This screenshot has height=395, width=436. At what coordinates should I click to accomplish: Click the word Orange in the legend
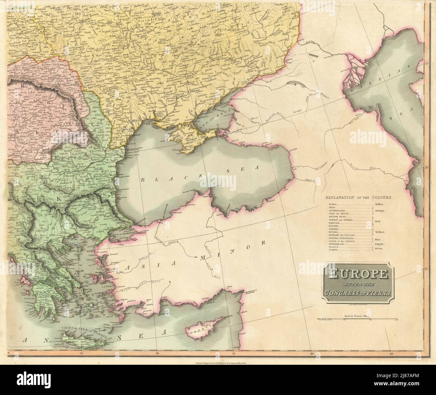point(381,211)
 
